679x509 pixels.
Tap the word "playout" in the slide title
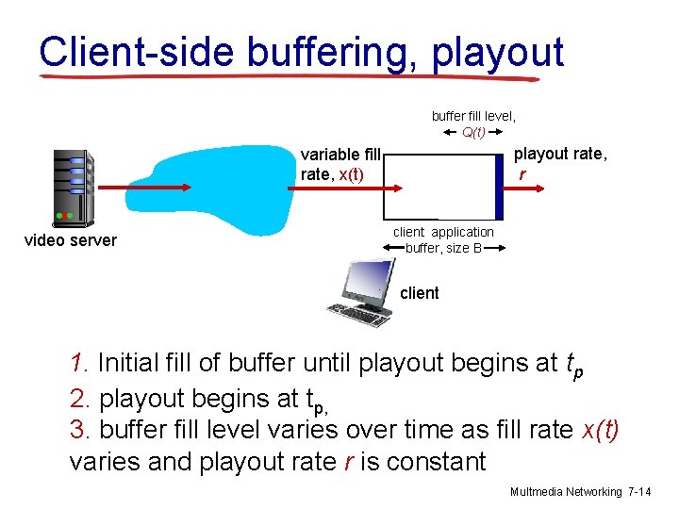pyautogui.click(x=498, y=53)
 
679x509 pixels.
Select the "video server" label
pyautogui.click(x=70, y=240)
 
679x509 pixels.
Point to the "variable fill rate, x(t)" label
pyautogui.click(x=339, y=164)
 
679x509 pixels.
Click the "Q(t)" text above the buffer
pyautogui.click(x=474, y=132)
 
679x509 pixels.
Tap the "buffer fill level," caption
pyautogui.click(x=473, y=116)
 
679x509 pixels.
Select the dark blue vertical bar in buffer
pyautogui.click(x=500, y=186)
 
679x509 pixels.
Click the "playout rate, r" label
pyautogui.click(x=560, y=163)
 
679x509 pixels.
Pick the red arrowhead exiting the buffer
pyautogui.click(x=541, y=188)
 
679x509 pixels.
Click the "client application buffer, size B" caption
pyautogui.click(x=443, y=240)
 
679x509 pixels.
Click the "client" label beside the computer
pyautogui.click(x=420, y=293)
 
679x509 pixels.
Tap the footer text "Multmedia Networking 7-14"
pyautogui.click(x=580, y=492)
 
